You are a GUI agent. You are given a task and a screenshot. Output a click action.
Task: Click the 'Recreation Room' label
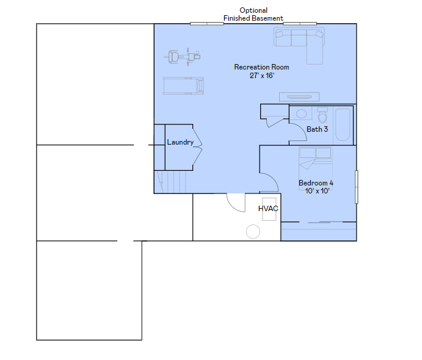pos(261,67)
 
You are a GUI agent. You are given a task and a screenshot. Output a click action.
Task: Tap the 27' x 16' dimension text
pos(261,76)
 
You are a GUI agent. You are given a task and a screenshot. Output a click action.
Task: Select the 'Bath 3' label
pos(317,129)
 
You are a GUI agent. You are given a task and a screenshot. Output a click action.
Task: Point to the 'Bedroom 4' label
pos(316,183)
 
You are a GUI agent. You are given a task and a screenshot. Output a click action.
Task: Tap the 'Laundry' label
pos(180,142)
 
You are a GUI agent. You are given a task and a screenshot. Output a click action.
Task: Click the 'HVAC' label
pos(268,209)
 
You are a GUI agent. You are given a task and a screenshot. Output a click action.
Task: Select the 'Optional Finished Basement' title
pos(253,15)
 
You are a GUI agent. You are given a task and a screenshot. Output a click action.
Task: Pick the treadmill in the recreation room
pos(183,85)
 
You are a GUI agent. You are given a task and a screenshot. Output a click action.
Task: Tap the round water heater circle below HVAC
pos(253,231)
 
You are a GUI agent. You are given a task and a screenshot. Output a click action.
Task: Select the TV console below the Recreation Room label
pos(299,96)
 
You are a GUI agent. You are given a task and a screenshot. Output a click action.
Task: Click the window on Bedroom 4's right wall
pos(357,187)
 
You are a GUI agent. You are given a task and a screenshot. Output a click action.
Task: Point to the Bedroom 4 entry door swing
pos(268,182)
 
